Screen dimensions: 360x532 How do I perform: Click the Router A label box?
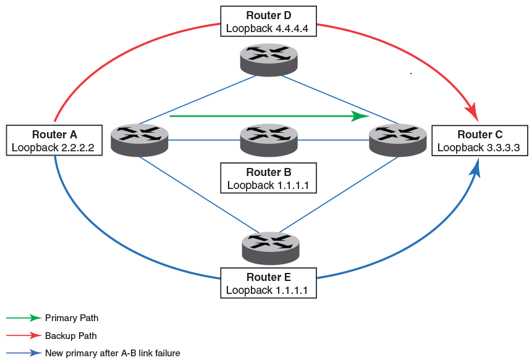tap(54, 140)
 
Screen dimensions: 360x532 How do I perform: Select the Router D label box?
tap(269, 22)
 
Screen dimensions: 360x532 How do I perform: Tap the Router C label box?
tap(479, 140)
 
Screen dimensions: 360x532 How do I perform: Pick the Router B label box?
tap(269, 178)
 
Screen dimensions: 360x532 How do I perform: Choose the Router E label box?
tap(269, 283)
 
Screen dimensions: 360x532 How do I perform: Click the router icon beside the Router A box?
tap(139, 140)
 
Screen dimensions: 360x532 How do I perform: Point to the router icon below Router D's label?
tap(269, 59)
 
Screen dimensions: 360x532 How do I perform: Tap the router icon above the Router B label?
tap(269, 140)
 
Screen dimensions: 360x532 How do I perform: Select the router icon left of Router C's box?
tap(397, 140)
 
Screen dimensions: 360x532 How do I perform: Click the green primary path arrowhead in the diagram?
tap(360, 115)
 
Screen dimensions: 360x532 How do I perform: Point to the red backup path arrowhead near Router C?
tap(471, 113)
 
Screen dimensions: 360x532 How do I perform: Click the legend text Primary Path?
tap(72, 318)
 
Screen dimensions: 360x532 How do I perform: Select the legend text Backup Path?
tap(70, 336)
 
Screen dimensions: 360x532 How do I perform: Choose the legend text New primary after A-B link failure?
tap(112, 353)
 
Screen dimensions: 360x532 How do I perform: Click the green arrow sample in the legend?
tap(23, 318)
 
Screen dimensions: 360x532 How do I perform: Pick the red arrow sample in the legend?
tap(23, 336)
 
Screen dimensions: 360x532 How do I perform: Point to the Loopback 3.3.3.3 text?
tap(478, 148)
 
